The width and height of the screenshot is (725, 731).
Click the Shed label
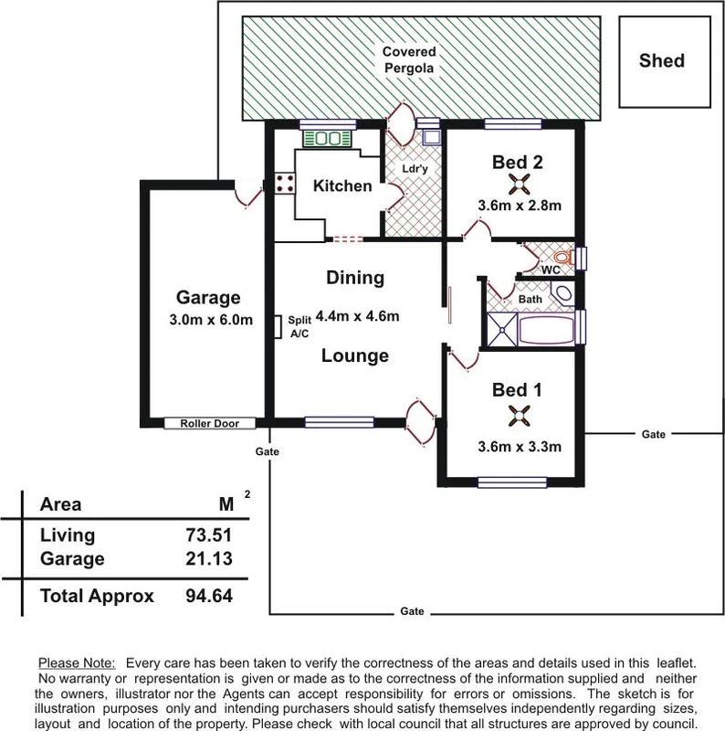(x=662, y=61)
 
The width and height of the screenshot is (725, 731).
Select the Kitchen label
(x=342, y=186)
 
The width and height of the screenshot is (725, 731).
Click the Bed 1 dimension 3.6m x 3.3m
(x=519, y=447)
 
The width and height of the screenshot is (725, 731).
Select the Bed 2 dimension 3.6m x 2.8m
(x=519, y=206)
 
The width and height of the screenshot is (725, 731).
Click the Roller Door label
(x=209, y=423)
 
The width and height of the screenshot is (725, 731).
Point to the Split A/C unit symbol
(x=277, y=326)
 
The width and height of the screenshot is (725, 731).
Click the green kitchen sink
(x=325, y=139)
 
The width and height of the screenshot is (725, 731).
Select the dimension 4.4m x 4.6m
(x=355, y=317)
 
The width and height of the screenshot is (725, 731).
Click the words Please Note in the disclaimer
(x=76, y=662)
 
